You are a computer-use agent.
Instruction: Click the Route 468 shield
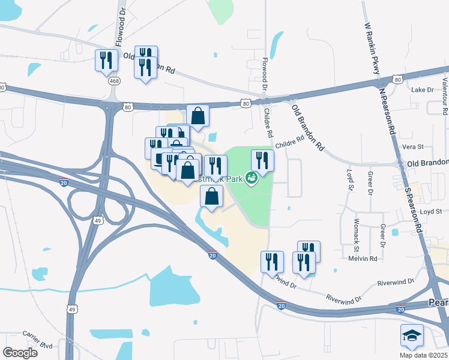(113, 80)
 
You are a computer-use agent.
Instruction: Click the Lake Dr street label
(422, 89)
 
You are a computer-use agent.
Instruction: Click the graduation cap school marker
(412, 335)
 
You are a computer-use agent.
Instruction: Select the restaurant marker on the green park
(262, 160)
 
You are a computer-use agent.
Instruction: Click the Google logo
(20, 352)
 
